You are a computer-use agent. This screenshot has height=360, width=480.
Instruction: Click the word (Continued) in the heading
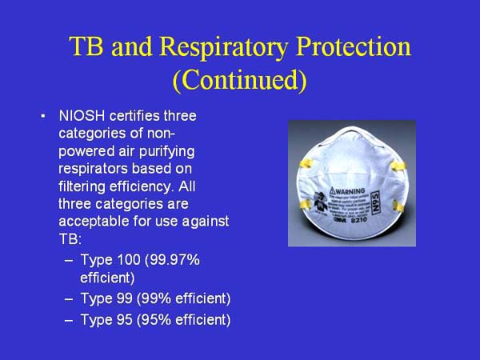240,80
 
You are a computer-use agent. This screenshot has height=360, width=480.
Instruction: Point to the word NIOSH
82,117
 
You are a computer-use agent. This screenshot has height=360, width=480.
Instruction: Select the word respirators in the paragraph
95,169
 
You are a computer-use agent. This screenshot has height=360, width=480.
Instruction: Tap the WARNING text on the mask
349,194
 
